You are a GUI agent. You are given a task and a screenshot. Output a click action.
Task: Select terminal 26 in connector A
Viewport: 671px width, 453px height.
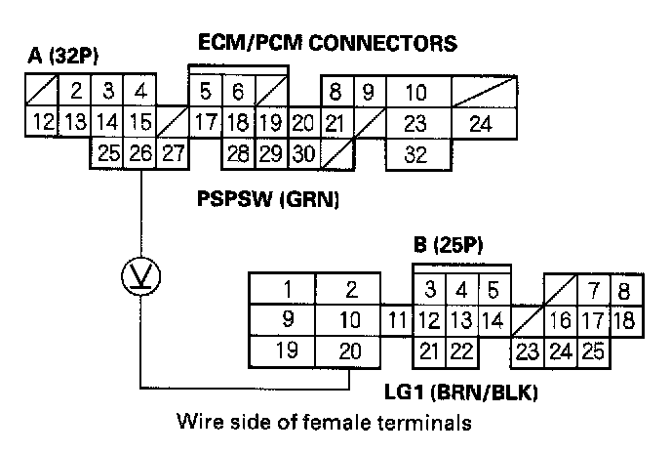point(141,152)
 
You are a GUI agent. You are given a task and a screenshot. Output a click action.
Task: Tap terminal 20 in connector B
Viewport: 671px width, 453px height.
point(350,351)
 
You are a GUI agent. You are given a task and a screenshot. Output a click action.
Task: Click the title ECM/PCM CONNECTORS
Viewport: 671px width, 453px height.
point(328,44)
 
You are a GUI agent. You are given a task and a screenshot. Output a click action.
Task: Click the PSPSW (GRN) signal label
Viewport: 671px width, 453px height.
point(268,202)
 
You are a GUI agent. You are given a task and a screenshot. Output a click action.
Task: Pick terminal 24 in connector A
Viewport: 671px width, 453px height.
point(480,124)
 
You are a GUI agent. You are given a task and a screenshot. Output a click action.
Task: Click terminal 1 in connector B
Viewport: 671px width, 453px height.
point(287,289)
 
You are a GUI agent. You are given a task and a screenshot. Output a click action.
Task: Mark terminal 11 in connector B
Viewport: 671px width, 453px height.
point(395,319)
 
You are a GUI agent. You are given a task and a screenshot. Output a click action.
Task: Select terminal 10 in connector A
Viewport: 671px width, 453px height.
point(415,94)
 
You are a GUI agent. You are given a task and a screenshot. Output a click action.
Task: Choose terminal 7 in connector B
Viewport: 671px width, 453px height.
point(592,290)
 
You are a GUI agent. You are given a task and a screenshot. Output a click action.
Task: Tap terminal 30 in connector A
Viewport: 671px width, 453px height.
point(303,152)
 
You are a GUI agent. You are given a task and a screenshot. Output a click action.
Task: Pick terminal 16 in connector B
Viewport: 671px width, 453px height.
point(560,320)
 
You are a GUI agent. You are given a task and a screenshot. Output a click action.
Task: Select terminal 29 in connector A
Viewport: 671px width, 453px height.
point(270,152)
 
